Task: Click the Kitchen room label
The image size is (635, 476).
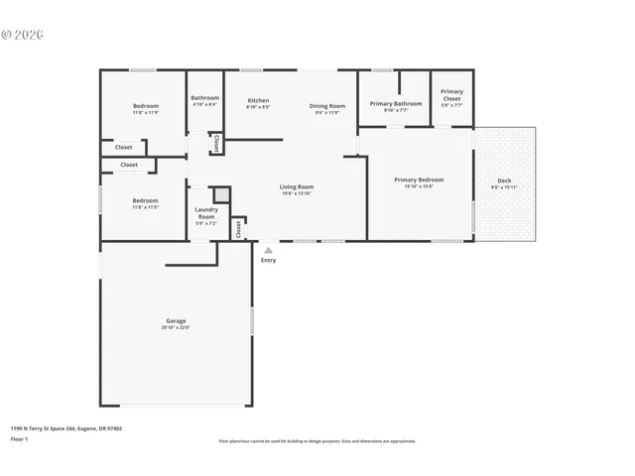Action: point(258,100)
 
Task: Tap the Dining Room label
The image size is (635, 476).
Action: point(327,106)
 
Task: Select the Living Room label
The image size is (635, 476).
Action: point(297,186)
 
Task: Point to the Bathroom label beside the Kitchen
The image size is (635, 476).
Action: point(205,97)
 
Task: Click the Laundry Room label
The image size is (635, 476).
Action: point(206,212)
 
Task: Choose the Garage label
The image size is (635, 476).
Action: point(176,320)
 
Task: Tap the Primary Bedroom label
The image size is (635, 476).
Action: point(419,179)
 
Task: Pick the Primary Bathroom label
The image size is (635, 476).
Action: point(396,103)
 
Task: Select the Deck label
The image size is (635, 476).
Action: point(504,180)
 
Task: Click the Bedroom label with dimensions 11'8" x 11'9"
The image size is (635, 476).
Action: point(146,106)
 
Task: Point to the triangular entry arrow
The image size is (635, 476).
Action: point(268,250)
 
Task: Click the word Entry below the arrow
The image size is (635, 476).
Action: point(268,260)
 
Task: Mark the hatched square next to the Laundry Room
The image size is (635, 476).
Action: point(221,194)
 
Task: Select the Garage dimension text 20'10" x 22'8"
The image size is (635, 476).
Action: point(176,327)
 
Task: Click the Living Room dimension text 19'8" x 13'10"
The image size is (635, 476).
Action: point(297,193)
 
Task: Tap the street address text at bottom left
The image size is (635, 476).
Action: point(66,428)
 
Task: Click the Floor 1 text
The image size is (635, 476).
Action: point(19,438)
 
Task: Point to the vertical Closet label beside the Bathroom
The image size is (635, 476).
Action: point(215,144)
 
